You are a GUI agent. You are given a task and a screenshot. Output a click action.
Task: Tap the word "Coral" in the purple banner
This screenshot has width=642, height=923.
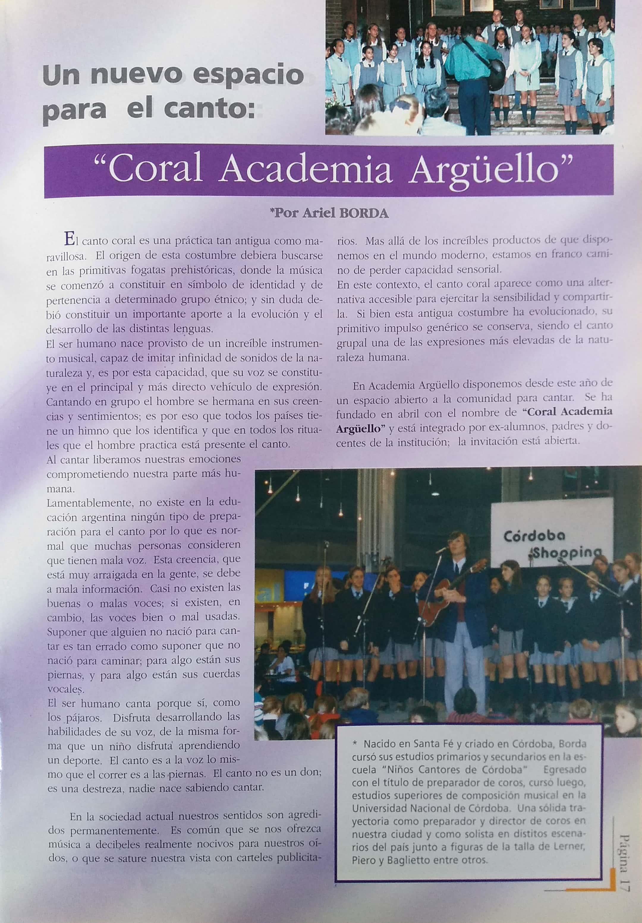(155, 170)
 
